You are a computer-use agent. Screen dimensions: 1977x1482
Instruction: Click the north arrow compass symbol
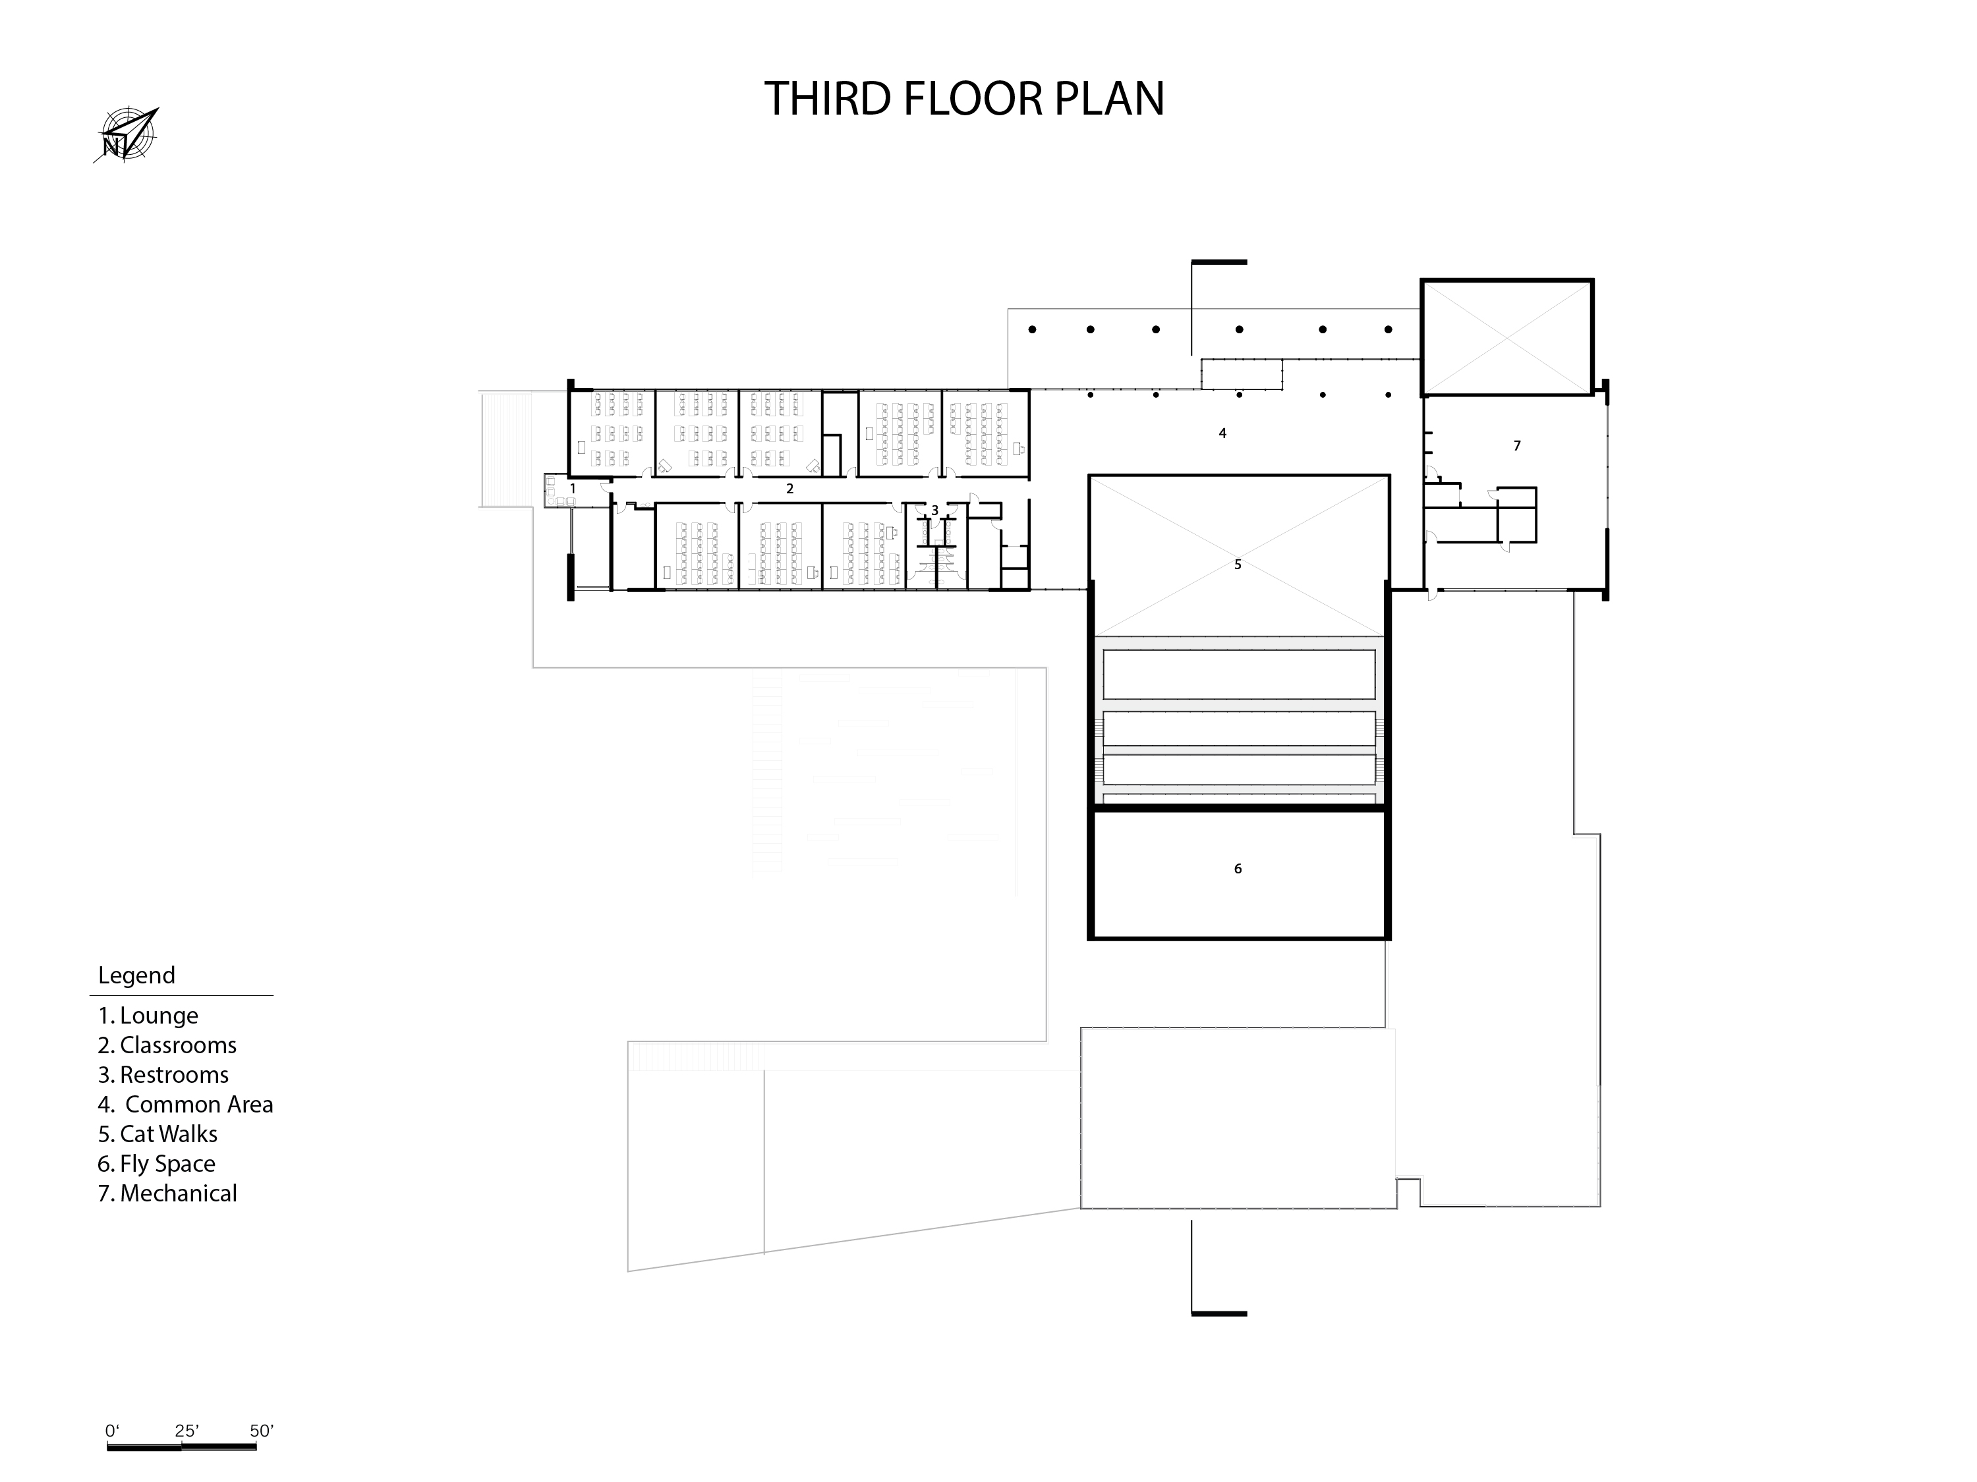pos(126,135)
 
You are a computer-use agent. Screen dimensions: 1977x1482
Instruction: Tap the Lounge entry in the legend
pos(148,1016)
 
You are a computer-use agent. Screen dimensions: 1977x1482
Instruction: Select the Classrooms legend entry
pos(167,1045)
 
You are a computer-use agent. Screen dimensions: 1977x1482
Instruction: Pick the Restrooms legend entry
pos(163,1075)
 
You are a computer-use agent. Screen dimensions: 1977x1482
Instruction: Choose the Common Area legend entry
pos(185,1104)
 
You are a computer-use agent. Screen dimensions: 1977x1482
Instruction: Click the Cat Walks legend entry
pos(158,1134)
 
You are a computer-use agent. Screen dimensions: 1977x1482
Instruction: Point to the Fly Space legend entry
pos(156,1164)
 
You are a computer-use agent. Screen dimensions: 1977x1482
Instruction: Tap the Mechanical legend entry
pos(167,1194)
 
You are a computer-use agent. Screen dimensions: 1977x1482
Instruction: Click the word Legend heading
pos(137,975)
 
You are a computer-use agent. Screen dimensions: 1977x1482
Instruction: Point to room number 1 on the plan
pos(573,489)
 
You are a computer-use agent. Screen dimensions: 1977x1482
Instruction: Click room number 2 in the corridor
pos(789,489)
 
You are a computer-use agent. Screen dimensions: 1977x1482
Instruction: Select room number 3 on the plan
pos(935,510)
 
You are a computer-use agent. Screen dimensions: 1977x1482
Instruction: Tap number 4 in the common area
pos(1222,433)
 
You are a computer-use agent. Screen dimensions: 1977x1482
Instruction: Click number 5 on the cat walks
pos(1238,564)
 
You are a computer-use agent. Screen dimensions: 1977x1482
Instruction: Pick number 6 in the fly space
pos(1238,868)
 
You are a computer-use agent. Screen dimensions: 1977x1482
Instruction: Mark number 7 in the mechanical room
pos(1517,446)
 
